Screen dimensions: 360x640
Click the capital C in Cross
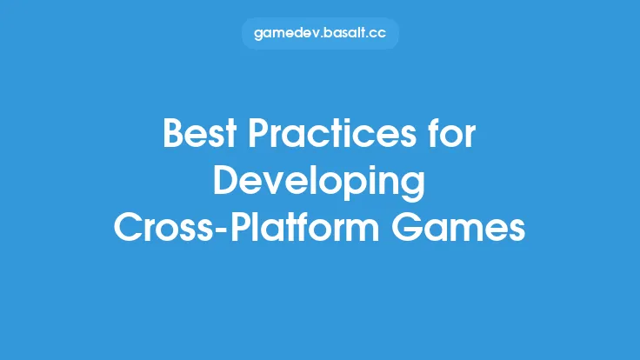pos(128,228)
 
